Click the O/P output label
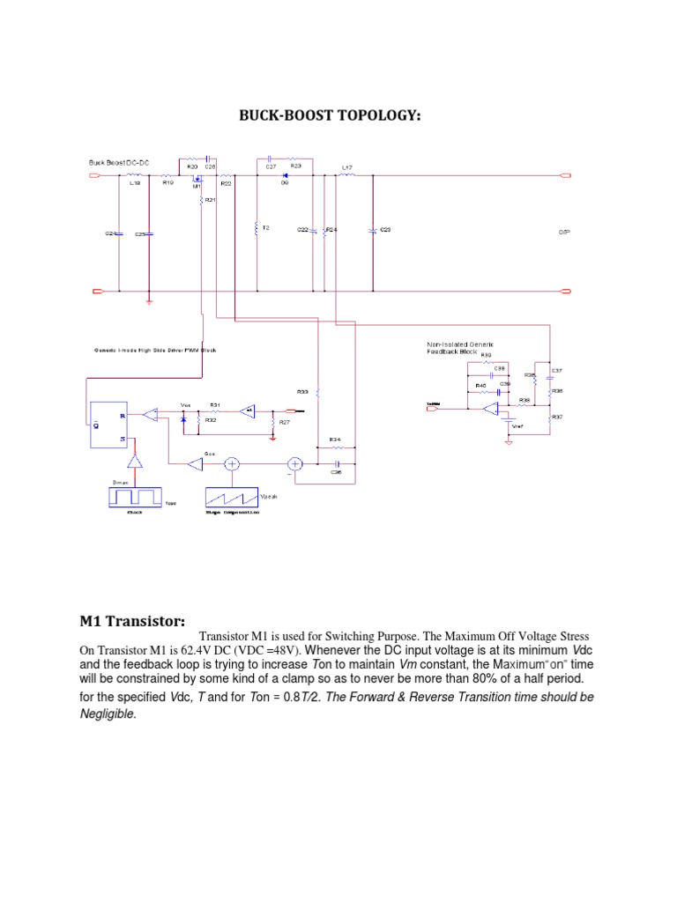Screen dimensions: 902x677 click(x=564, y=233)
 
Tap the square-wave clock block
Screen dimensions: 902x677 click(x=135, y=497)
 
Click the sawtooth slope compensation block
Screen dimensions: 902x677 click(x=233, y=499)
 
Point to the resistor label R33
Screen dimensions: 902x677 click(x=301, y=391)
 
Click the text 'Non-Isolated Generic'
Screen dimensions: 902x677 click(x=457, y=344)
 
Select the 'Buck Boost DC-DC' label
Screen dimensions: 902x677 click(x=118, y=163)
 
